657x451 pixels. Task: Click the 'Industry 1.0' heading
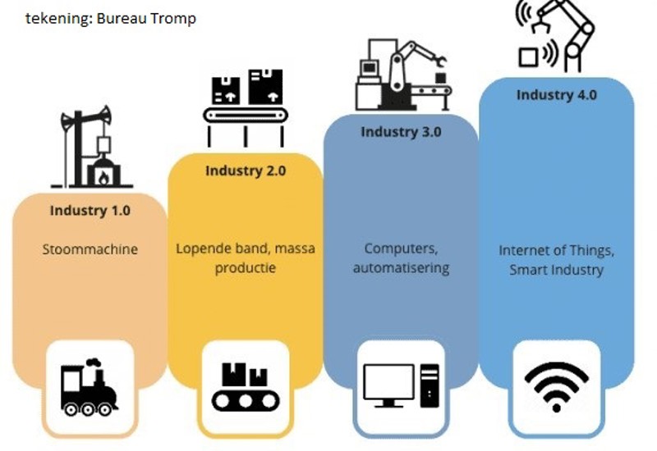[x=90, y=211]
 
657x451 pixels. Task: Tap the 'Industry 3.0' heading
[x=401, y=132]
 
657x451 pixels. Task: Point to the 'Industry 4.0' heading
[x=556, y=94]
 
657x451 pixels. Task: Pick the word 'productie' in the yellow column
[x=246, y=268]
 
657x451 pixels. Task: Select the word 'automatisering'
[x=401, y=268]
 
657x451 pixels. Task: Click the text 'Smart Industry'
[x=556, y=270]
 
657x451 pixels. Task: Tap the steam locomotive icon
[x=89, y=387]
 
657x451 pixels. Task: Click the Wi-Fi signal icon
[x=556, y=385]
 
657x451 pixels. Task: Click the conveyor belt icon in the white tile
[x=245, y=387]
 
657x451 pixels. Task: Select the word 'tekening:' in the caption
[x=58, y=18]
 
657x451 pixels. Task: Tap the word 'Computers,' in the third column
[x=401, y=248]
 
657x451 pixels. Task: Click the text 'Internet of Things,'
[x=556, y=250]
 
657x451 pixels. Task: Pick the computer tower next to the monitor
[x=429, y=385]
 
